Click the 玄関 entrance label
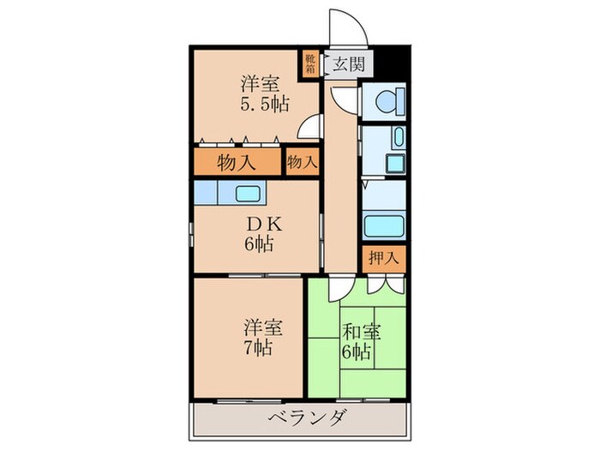click(347, 63)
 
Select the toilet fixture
click(382, 102)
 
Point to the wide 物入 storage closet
click(237, 162)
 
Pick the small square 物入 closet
click(301, 161)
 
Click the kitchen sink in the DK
click(249, 193)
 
